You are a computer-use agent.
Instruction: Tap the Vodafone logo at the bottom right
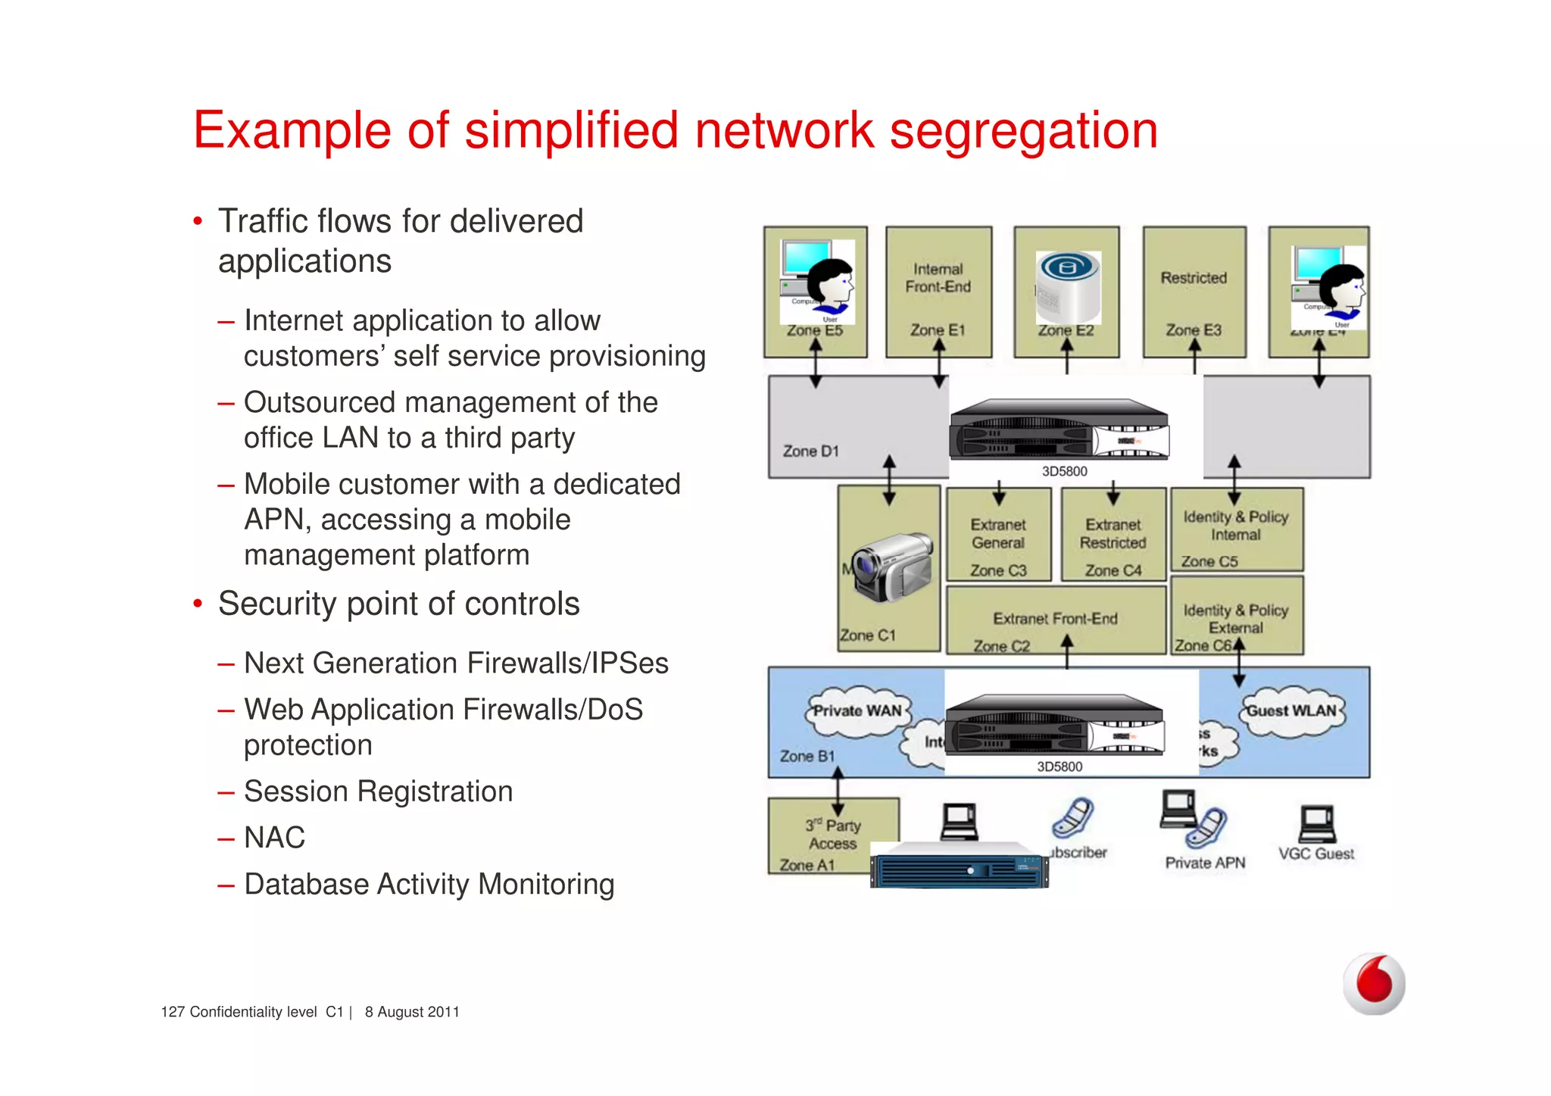click(x=1374, y=983)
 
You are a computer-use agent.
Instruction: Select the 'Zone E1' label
click(x=938, y=330)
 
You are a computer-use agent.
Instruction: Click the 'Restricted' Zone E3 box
click(x=1194, y=292)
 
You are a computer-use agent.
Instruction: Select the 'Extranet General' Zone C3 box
click(x=998, y=535)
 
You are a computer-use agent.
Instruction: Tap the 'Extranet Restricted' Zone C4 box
click(x=1113, y=535)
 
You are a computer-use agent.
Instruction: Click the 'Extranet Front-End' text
click(x=1055, y=619)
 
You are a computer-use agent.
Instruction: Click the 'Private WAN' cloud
click(x=857, y=711)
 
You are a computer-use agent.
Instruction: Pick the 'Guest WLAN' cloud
click(x=1291, y=711)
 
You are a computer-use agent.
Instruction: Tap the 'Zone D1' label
click(x=810, y=451)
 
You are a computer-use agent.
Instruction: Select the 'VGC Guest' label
click(x=1316, y=854)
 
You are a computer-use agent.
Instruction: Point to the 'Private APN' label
click(x=1205, y=863)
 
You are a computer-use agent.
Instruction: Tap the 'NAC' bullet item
click(x=274, y=838)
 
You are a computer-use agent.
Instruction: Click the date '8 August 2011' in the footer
click(x=412, y=1012)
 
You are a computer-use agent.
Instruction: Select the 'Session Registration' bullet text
click(x=378, y=792)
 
